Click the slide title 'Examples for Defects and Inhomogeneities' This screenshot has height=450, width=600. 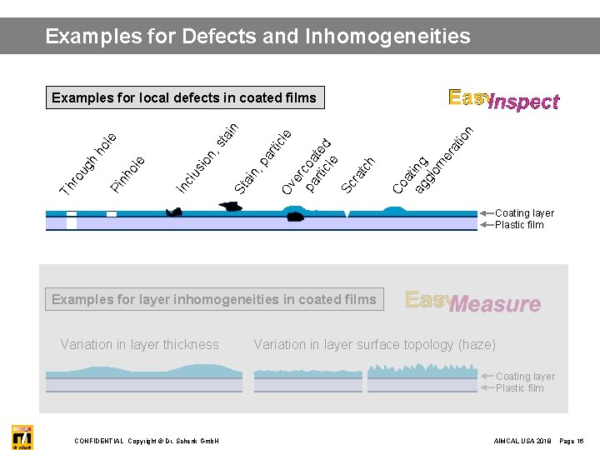[x=257, y=37]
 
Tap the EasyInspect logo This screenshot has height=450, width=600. [x=503, y=100]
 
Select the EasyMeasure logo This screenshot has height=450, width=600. [x=472, y=302]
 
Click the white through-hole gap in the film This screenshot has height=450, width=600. [x=72, y=220]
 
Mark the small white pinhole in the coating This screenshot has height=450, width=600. [x=112, y=214]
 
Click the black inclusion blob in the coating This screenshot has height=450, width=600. [x=173, y=213]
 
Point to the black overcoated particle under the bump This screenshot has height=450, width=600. [x=294, y=217]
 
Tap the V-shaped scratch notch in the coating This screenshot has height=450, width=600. [x=347, y=215]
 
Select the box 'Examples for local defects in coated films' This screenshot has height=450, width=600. [x=184, y=98]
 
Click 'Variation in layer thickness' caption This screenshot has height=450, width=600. [x=140, y=344]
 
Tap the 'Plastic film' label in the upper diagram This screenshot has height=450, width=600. [x=518, y=225]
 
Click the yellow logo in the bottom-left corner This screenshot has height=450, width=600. [x=22, y=437]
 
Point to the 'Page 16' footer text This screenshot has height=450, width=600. [x=574, y=440]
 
